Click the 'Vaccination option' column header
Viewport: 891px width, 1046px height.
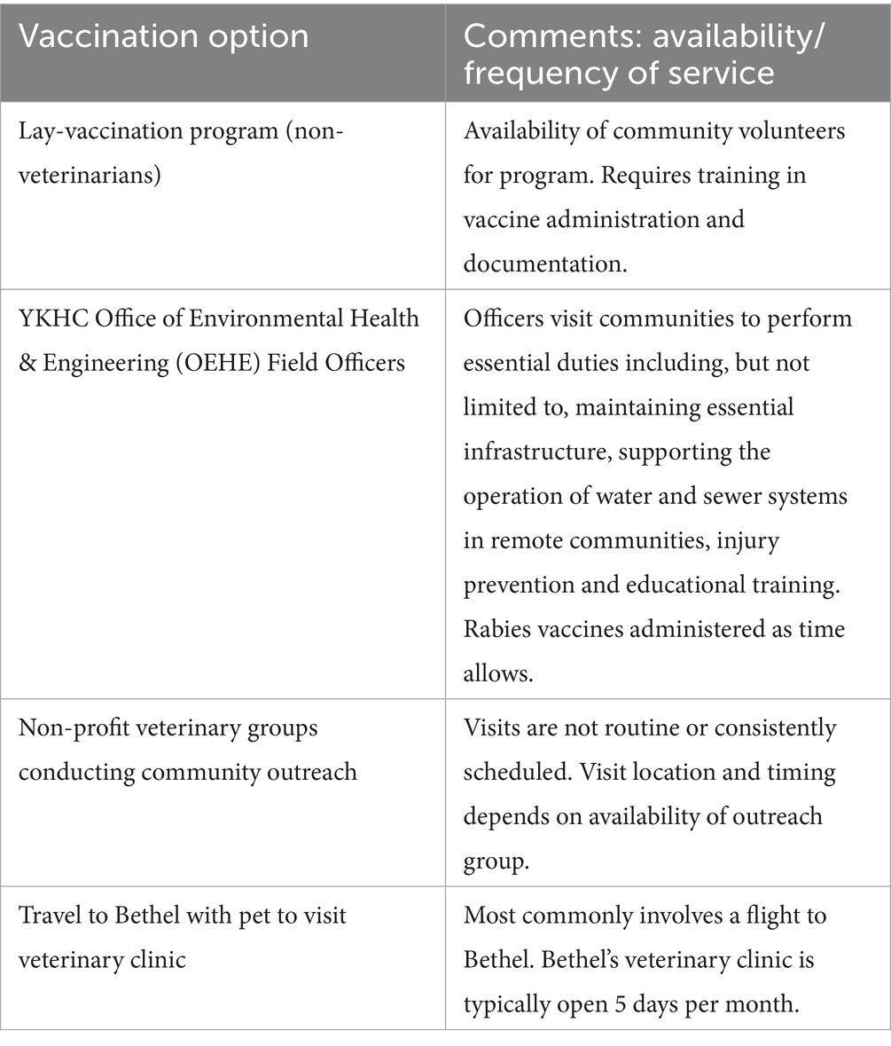164,36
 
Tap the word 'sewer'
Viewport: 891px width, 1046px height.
722,495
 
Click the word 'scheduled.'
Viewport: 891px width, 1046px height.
517,772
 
